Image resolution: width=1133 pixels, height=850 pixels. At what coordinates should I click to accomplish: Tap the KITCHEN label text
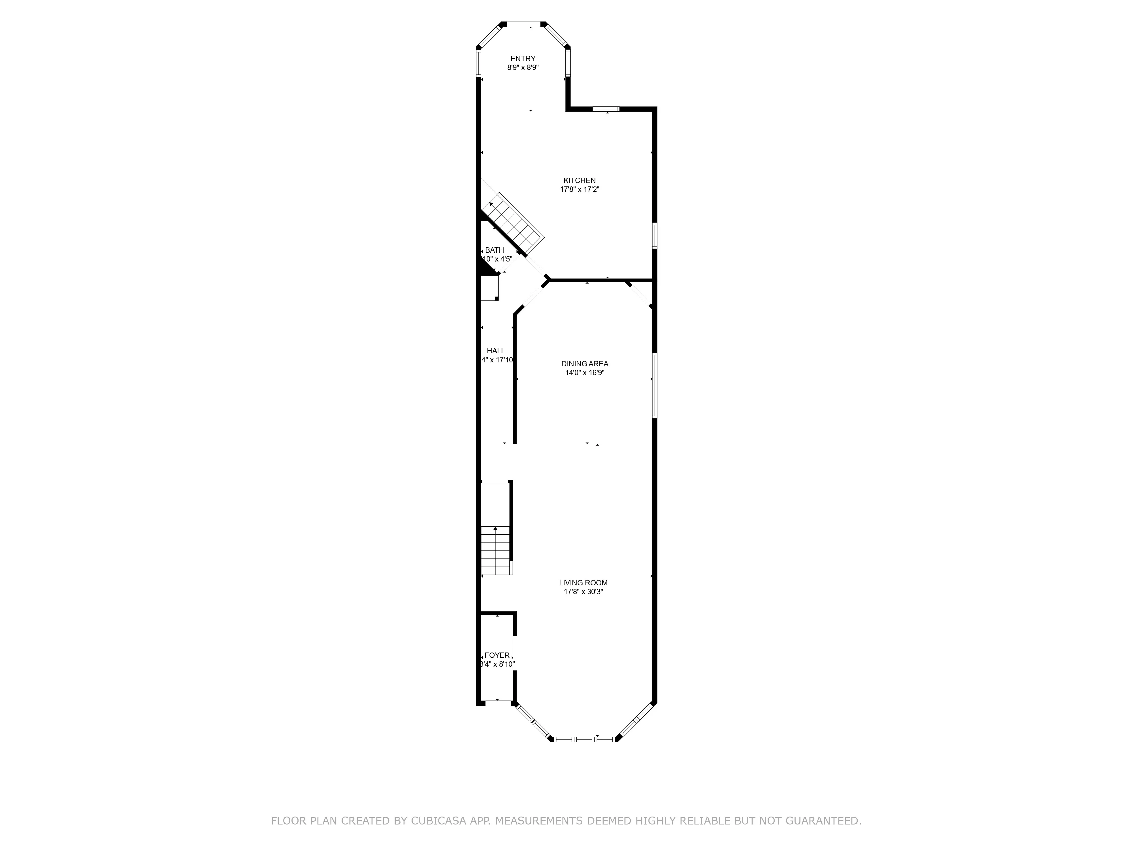[579, 180]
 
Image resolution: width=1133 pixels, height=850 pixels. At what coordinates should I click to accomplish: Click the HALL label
[495, 351]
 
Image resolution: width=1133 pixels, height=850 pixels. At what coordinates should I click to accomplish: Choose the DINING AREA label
[584, 364]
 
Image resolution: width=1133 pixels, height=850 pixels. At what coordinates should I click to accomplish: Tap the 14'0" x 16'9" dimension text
[584, 373]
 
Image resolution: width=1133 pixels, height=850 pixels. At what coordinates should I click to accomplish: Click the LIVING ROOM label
[583, 583]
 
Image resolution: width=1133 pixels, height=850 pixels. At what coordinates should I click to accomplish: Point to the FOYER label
[497, 655]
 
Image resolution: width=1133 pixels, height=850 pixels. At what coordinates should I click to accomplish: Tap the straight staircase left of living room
[495, 551]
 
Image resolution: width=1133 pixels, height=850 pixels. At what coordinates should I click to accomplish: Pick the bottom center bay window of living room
[584, 739]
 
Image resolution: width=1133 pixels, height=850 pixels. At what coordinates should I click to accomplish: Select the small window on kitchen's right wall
[655, 236]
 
